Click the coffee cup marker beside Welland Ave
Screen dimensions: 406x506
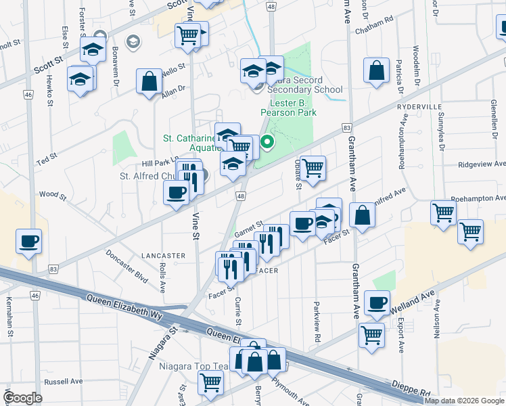coord(377,302)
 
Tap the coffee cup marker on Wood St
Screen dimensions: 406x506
coord(176,193)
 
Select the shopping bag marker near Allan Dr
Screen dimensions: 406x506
coord(149,82)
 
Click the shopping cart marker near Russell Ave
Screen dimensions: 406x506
coord(210,382)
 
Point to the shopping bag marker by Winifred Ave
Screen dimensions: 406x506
coord(363,215)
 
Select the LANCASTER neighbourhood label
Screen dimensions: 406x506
coord(162,256)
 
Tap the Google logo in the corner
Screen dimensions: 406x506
coord(23,397)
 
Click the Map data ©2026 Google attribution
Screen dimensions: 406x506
coord(465,401)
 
